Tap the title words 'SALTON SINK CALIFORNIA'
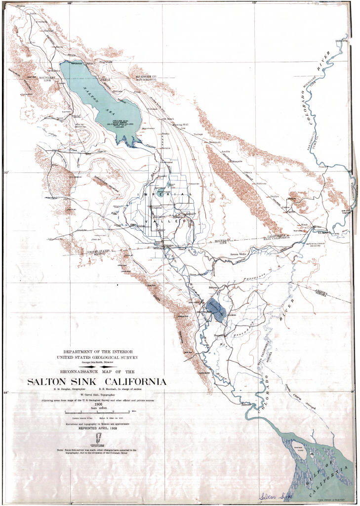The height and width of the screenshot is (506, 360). [x=96, y=382]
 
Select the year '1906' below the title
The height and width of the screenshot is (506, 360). [x=97, y=403]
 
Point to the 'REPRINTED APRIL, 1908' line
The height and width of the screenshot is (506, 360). [x=97, y=429]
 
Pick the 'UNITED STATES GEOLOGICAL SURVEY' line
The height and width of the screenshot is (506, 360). [x=96, y=356]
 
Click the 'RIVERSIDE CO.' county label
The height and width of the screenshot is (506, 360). [x=144, y=77]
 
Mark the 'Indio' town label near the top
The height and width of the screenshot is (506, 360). [x=34, y=13]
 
